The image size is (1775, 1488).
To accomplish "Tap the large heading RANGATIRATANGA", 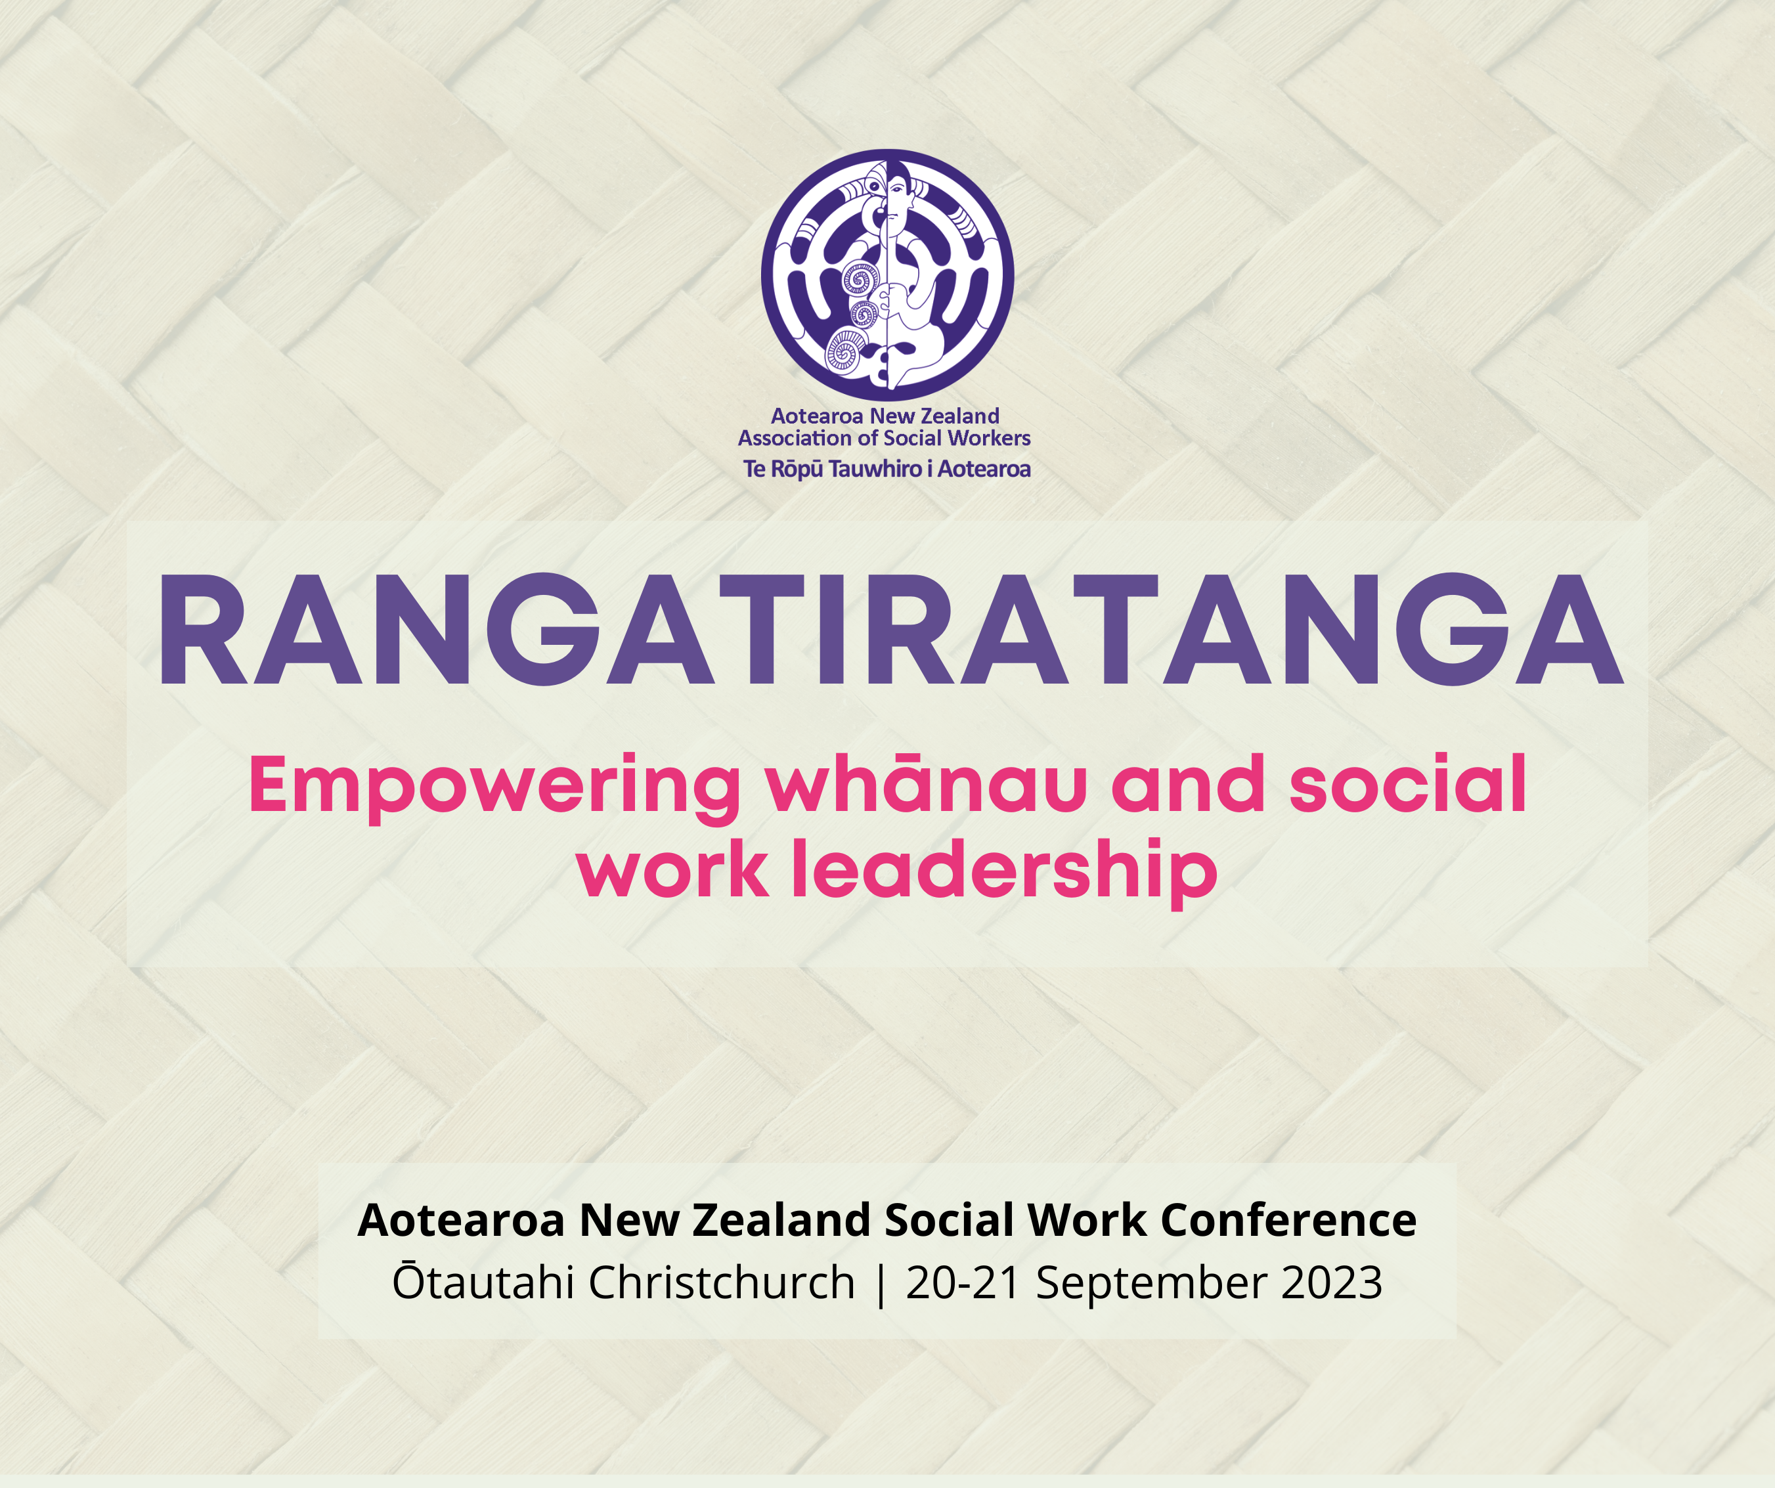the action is tap(890, 629).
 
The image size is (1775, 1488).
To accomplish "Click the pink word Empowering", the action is tap(495, 786).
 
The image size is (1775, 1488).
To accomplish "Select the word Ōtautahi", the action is tap(485, 1282).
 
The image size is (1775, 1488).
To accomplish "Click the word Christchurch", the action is tap(722, 1282).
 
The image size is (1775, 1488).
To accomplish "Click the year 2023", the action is tap(1332, 1282).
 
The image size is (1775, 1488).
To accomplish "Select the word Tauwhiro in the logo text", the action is tap(875, 470).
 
